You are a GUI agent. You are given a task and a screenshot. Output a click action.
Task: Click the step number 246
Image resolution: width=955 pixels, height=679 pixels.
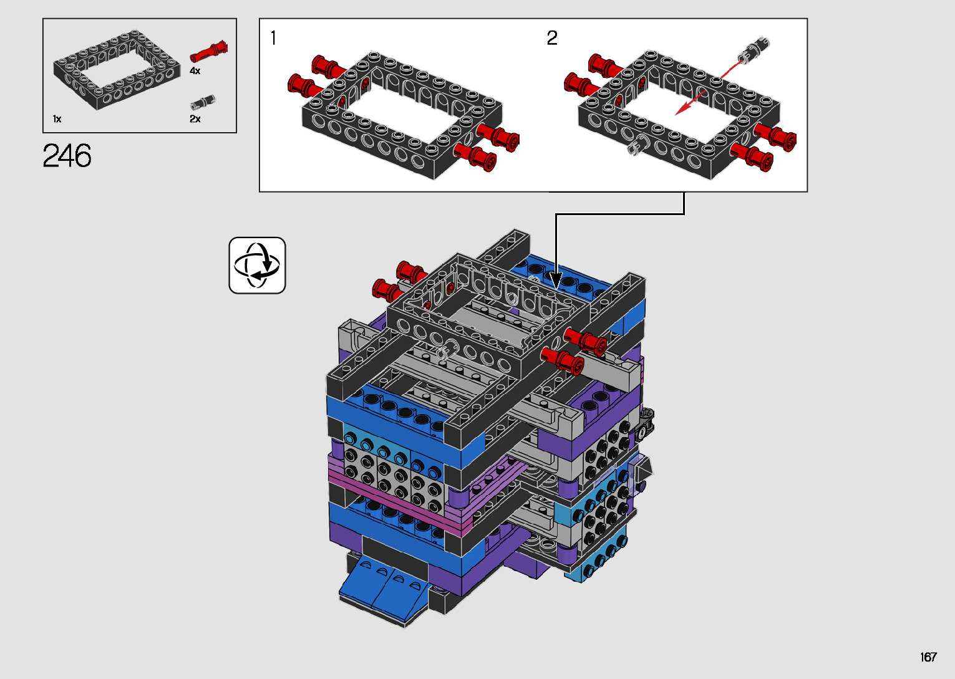click(x=67, y=155)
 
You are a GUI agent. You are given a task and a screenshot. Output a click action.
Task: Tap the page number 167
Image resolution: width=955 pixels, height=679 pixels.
click(x=928, y=657)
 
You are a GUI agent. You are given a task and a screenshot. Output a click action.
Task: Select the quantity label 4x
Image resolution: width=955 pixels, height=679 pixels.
click(x=195, y=70)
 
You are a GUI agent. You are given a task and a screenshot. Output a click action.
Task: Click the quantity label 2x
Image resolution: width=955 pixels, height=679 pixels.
click(x=195, y=119)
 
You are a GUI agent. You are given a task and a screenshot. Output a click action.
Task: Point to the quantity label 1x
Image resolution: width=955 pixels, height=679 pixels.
click(x=57, y=119)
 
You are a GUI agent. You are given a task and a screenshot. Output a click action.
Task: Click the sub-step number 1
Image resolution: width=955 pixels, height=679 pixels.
click(x=273, y=38)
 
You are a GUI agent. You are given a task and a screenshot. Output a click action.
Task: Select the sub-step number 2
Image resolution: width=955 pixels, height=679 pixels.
click(x=551, y=38)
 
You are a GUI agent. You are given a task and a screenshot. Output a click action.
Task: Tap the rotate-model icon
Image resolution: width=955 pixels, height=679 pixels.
click(x=257, y=265)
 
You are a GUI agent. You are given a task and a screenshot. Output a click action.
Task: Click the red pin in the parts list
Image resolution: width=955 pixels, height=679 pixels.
click(x=208, y=52)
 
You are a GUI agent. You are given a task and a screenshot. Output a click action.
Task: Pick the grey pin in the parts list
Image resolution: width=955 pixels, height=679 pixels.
click(x=203, y=102)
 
